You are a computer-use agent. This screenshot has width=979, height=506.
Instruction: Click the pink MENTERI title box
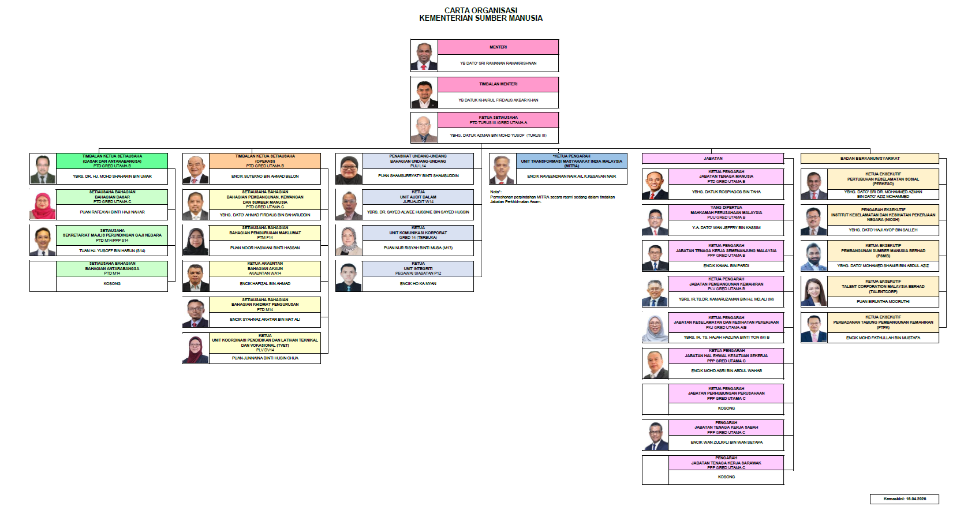pos(498,47)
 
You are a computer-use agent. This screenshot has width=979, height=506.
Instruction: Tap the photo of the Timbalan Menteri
pos(424,93)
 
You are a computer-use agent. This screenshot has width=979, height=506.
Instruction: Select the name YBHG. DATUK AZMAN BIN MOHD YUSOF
pos(498,136)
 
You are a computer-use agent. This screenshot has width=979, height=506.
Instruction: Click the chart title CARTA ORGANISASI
pos(481,10)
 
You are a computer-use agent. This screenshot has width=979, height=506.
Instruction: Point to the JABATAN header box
pos(713,158)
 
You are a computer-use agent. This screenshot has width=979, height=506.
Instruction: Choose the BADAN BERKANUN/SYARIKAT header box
pos(869,158)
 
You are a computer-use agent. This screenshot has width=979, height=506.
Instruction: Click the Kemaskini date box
pos(904,499)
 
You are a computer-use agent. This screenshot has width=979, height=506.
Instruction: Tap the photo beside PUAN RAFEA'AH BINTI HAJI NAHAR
pos(43,205)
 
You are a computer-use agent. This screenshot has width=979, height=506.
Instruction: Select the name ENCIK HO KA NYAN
pos(418,284)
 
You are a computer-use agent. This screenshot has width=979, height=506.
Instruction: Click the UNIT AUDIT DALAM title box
pos(418,197)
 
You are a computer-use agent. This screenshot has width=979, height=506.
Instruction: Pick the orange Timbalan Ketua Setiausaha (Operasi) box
pos(265,161)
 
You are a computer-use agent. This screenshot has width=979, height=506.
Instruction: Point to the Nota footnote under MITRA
pos(552,197)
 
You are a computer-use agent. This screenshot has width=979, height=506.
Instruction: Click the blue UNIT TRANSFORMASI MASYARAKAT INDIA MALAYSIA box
pos(571,161)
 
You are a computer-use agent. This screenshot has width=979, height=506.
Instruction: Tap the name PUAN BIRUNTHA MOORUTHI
pos(883,302)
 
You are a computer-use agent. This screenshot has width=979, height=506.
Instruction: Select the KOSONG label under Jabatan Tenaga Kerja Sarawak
pos(726,477)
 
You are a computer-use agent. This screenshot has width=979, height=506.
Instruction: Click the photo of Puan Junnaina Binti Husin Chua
pos(196,349)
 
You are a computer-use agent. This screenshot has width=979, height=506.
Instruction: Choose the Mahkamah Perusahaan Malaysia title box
pos(726,212)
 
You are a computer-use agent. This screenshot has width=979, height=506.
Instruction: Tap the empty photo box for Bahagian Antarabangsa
pos(43,276)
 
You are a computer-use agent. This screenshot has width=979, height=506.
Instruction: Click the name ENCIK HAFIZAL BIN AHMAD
pos(265,284)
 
